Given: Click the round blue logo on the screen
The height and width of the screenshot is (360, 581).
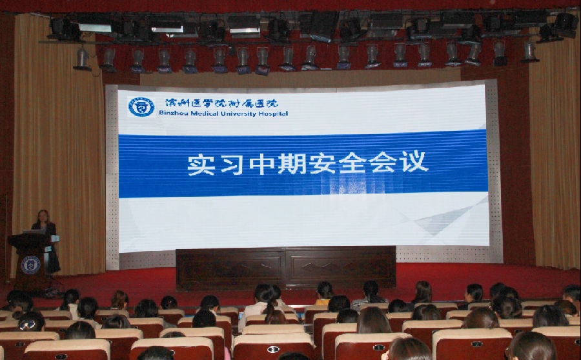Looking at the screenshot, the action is pyautogui.click(x=141, y=107).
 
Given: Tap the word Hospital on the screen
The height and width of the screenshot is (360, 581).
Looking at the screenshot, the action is pyautogui.click(x=272, y=114).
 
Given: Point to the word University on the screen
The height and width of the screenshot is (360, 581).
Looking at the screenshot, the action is pyautogui.click(x=238, y=114).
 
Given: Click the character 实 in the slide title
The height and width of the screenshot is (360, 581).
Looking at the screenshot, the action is pyautogui.click(x=201, y=165).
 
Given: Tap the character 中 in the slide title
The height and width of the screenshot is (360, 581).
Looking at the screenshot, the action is pyautogui.click(x=262, y=164).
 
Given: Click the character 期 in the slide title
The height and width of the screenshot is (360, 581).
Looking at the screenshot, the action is pyautogui.click(x=292, y=164).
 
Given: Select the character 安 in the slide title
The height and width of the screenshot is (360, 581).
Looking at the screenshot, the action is pyautogui.click(x=323, y=163).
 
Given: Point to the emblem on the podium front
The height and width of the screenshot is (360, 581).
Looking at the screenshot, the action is pyautogui.click(x=30, y=265).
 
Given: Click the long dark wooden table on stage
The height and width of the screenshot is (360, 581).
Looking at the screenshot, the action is pyautogui.click(x=286, y=267).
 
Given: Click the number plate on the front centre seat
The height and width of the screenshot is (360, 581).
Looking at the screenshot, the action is pyautogui.click(x=273, y=349).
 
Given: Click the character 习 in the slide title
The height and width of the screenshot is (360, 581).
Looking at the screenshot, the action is pyautogui.click(x=232, y=165).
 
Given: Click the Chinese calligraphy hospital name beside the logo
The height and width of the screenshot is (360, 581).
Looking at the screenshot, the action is pyautogui.click(x=221, y=103).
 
